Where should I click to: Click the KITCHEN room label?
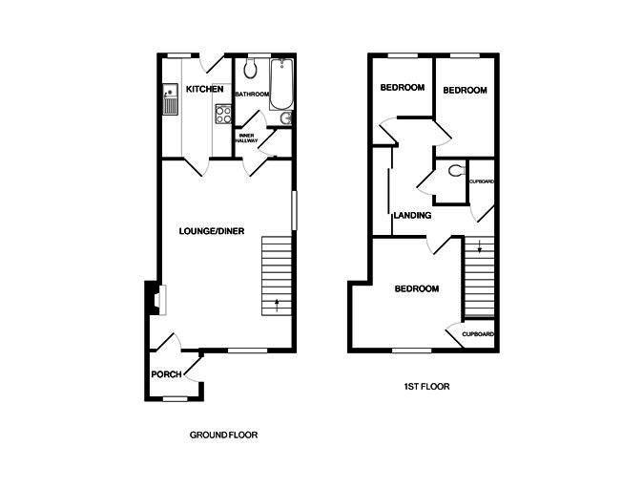coord(205,89)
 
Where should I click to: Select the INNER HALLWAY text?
coord(246,138)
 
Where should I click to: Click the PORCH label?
coord(166,372)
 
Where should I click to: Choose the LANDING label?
coord(412,216)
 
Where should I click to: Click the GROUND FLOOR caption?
coord(223,435)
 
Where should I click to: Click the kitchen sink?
coord(170,98)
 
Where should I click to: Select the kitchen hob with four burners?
coord(223,114)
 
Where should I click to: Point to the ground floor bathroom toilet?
coord(251,70)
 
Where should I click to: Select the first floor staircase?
coord(480,277)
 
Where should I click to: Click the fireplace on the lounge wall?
coord(153,300)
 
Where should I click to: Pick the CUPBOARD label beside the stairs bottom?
coord(478,334)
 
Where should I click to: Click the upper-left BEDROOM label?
coord(402,88)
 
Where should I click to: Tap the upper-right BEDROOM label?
coord(465,90)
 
